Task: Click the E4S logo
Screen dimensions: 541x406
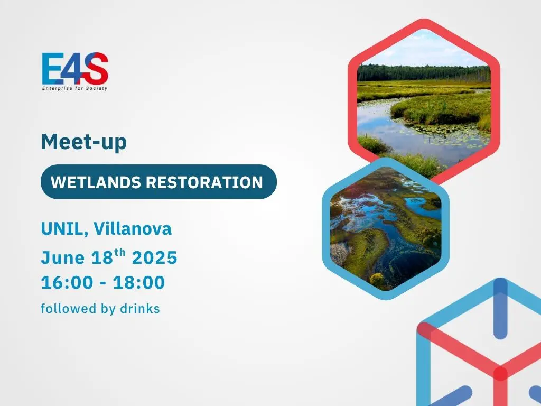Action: [x=75, y=71]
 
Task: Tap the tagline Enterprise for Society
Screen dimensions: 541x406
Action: [x=75, y=88]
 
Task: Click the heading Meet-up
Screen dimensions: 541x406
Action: [x=84, y=142]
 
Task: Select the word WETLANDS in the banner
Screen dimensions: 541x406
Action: [x=96, y=182]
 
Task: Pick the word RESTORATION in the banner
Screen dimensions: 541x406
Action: [x=204, y=182]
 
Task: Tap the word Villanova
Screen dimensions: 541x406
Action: [x=133, y=228]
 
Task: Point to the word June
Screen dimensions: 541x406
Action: [x=63, y=257]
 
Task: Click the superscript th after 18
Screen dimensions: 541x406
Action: [x=120, y=252]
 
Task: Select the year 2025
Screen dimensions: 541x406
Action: [x=155, y=257]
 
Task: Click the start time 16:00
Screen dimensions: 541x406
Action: [x=67, y=282]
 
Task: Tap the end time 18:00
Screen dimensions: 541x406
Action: [x=139, y=282]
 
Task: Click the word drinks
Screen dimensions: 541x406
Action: [x=139, y=308]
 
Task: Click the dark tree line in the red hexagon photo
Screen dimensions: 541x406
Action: [x=424, y=73]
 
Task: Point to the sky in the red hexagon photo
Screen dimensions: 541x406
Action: [x=424, y=48]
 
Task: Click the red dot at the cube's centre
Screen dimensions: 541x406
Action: [x=500, y=374]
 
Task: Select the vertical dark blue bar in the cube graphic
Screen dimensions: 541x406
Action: [x=500, y=308]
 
